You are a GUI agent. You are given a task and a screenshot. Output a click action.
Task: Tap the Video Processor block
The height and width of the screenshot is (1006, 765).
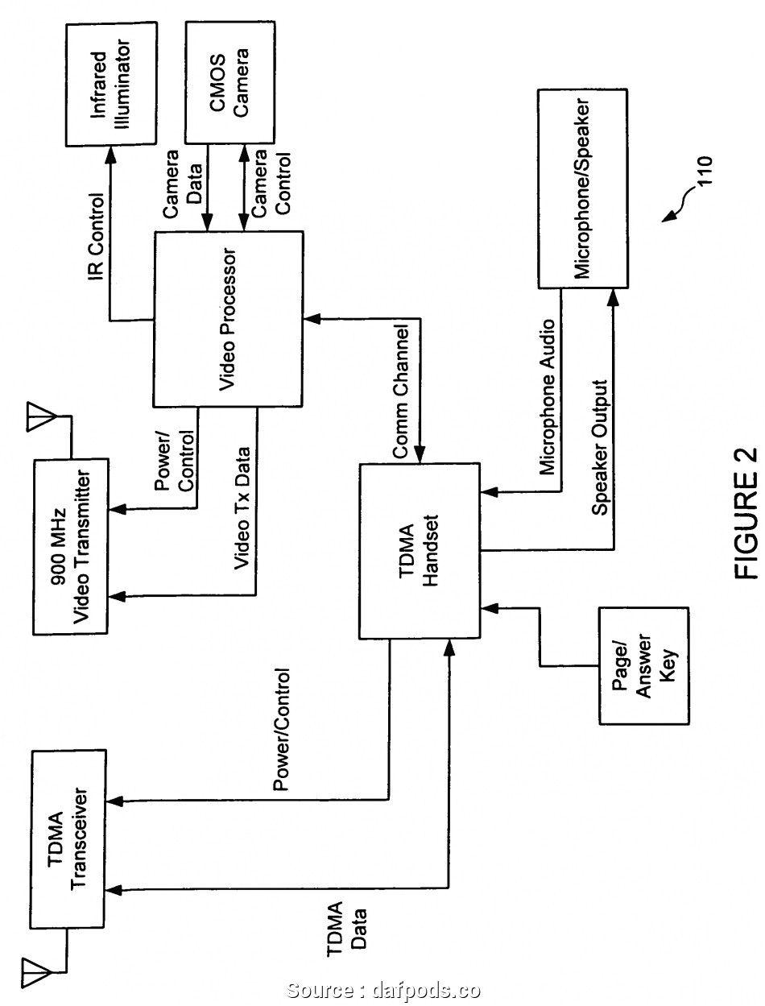click(228, 319)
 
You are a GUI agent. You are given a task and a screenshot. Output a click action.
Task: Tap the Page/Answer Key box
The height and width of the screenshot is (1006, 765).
click(644, 665)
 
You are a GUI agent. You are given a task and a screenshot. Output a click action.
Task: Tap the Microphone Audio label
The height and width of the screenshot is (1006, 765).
click(547, 395)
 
